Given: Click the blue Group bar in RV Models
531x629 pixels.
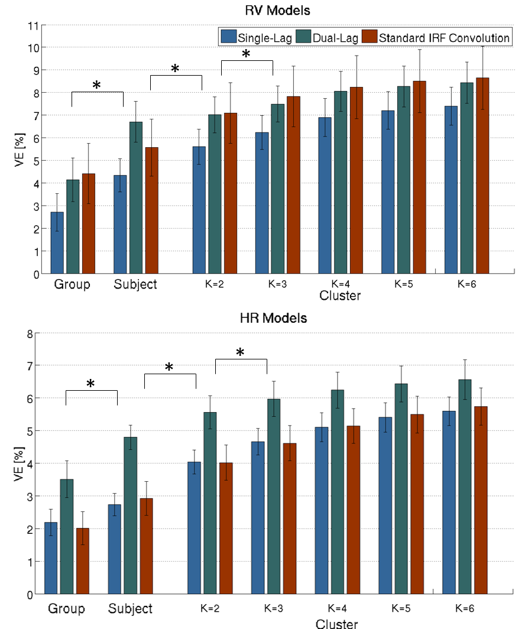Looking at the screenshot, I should [57, 242].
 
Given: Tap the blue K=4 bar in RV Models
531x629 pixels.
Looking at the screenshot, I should [325, 195].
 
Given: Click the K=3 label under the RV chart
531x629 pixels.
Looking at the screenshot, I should [273, 283].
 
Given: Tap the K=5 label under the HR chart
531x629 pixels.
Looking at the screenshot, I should [399, 608].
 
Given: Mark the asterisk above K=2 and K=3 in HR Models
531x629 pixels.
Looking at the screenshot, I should [241, 353].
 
